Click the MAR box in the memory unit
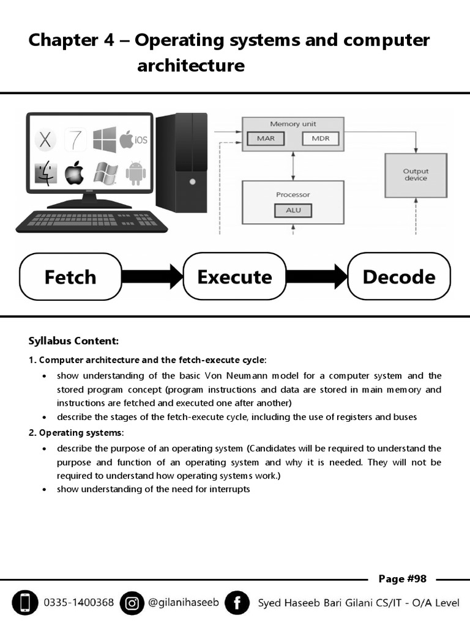(266, 139)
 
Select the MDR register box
(321, 139)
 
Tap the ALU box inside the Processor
(293, 211)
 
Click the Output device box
(416, 175)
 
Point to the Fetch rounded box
(70, 277)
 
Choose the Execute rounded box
(234, 277)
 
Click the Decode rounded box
(398, 277)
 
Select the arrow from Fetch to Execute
(152, 277)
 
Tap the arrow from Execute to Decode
(316, 277)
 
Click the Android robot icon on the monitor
(135, 173)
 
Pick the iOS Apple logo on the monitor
(133, 139)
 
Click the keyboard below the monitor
(84, 221)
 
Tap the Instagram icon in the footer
(132, 603)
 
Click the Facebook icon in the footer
(237, 603)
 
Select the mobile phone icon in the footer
(24, 603)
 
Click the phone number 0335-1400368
(78, 603)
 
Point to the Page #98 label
(402, 579)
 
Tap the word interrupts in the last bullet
(229, 489)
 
